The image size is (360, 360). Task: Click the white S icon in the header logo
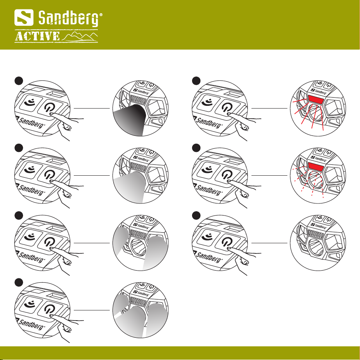point(24,18)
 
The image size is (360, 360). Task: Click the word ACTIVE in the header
point(37,36)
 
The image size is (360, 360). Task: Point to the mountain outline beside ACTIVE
point(80,36)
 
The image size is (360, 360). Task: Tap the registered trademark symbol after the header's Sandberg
point(101,15)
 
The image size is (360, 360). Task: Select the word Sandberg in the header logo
point(68,18)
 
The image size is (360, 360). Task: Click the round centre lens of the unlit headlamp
point(316,246)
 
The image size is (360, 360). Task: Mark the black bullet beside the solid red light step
point(196,81)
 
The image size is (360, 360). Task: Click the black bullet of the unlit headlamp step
point(196,216)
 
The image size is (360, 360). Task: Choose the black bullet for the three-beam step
point(19,283)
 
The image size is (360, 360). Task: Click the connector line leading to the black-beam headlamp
point(92,108)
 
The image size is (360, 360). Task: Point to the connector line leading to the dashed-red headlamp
point(269,175)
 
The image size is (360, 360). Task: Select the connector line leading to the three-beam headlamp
point(92,310)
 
